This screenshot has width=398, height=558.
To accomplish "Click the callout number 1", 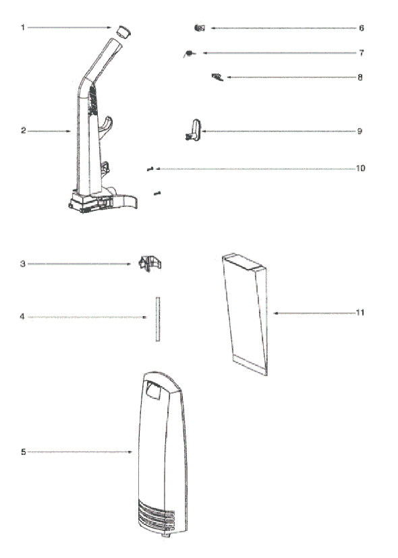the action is point(23,28).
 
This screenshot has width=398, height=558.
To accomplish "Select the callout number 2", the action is point(23,131).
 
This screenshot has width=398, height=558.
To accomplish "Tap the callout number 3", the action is point(23,264).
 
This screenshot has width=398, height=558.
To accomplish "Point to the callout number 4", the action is point(22,316).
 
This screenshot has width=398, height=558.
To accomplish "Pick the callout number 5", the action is point(23,452).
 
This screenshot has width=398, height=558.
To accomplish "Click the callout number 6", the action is point(362,28).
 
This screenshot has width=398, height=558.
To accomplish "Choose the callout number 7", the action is point(362,53).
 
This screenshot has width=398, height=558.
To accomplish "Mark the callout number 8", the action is point(360,77).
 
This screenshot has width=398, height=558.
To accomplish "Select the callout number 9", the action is point(360,131).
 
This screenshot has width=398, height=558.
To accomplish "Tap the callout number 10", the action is point(361,168).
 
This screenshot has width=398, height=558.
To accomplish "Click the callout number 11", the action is point(360,313).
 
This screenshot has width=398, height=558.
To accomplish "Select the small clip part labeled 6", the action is point(200,28).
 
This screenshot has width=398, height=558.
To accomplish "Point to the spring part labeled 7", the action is point(189,54).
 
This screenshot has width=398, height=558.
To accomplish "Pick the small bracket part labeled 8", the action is point(217,77).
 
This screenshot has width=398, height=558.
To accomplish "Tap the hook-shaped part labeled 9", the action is point(194,129).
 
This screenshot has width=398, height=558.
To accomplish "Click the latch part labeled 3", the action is point(150,263).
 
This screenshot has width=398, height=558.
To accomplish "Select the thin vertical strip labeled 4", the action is point(158,319).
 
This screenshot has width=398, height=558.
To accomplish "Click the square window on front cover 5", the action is point(153,390).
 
